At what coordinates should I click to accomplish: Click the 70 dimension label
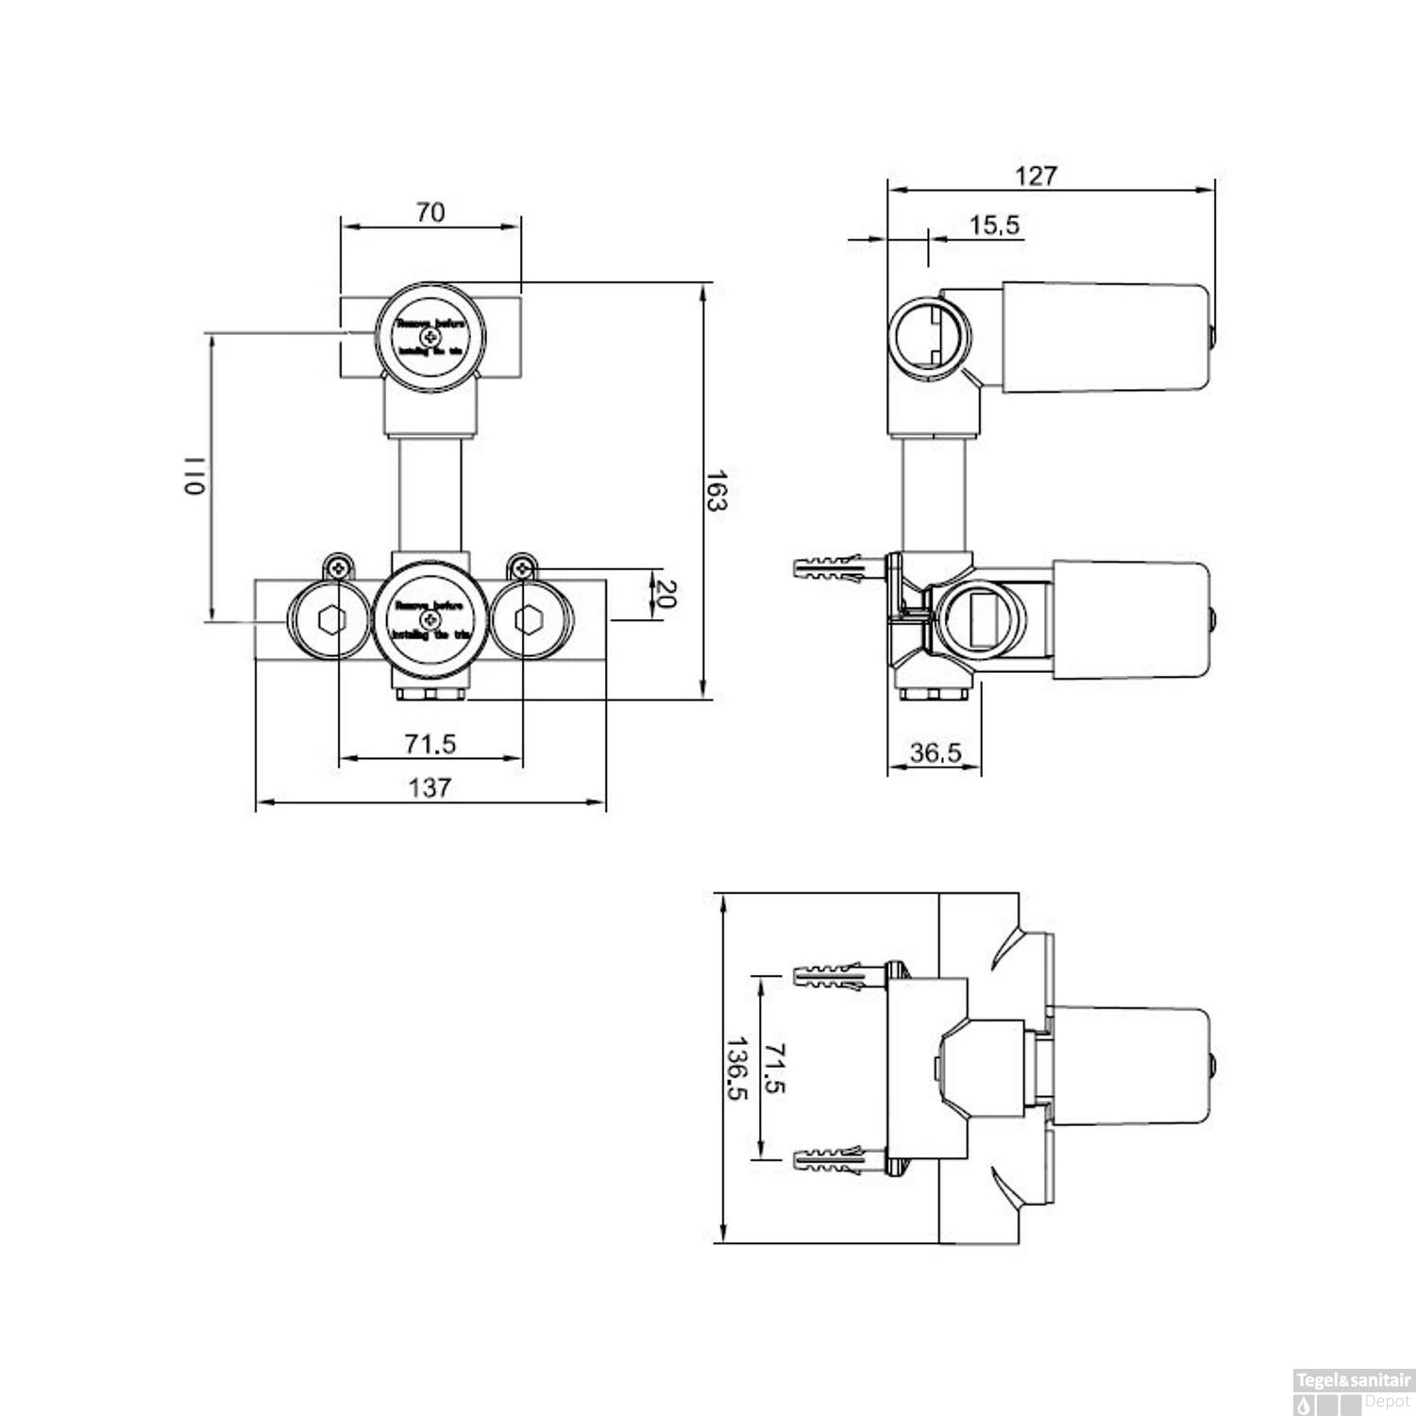click(430, 212)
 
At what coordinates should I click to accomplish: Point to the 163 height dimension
click(717, 490)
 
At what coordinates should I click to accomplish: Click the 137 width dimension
click(430, 786)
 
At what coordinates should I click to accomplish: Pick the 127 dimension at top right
click(1036, 176)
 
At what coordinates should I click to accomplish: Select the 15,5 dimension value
click(994, 225)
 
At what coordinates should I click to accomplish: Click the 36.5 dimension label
click(935, 752)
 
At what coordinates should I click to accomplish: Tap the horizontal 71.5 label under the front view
click(430, 744)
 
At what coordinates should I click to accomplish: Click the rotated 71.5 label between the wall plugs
click(775, 1068)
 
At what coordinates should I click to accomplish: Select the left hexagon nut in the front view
click(331, 620)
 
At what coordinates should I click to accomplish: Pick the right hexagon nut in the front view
click(528, 620)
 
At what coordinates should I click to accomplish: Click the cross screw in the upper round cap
click(430, 337)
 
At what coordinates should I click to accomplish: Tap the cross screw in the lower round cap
click(430, 619)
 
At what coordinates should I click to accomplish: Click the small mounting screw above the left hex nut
click(338, 567)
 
